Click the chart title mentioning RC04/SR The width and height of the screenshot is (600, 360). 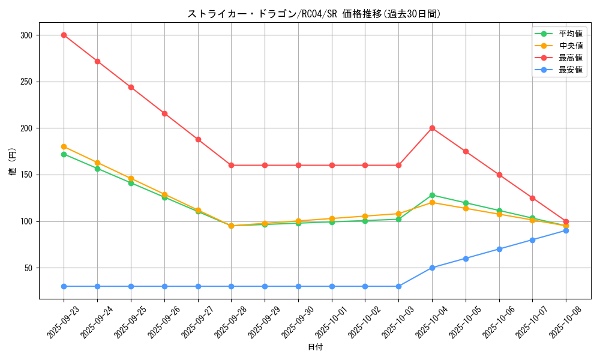[314, 14]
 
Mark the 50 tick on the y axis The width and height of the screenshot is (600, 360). [28, 268]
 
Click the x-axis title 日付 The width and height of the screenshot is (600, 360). [315, 347]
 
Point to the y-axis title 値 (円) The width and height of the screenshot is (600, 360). [12, 162]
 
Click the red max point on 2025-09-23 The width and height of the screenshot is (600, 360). [64, 35]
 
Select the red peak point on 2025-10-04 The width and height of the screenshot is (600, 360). [432, 128]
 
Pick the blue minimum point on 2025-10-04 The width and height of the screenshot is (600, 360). [432, 268]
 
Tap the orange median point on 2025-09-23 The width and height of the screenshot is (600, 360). [64, 146]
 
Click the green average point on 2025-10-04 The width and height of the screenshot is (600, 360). [432, 195]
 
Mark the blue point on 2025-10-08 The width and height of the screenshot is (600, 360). [566, 230]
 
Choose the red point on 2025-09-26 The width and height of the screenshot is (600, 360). [164, 113]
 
